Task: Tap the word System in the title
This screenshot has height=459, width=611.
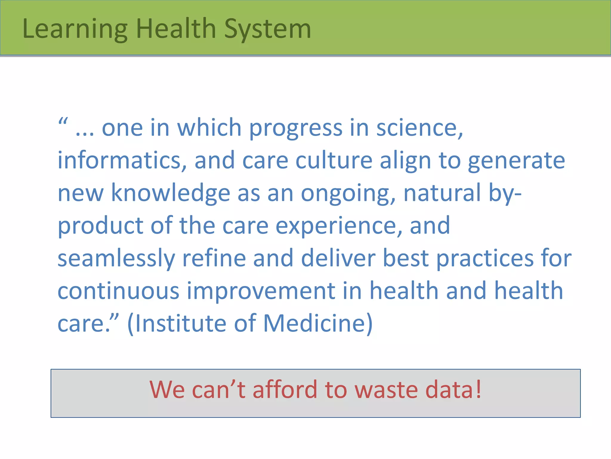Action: (x=268, y=29)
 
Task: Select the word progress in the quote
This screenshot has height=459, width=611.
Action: (x=296, y=128)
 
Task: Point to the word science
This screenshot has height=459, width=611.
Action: (x=419, y=128)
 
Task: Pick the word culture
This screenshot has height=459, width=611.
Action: (x=334, y=160)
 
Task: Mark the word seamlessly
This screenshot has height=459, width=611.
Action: (x=116, y=259)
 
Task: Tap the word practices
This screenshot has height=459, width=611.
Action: (x=485, y=259)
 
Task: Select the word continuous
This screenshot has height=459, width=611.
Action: (x=118, y=291)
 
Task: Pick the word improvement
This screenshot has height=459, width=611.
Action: (x=261, y=291)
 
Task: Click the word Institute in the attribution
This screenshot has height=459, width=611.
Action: (x=181, y=323)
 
